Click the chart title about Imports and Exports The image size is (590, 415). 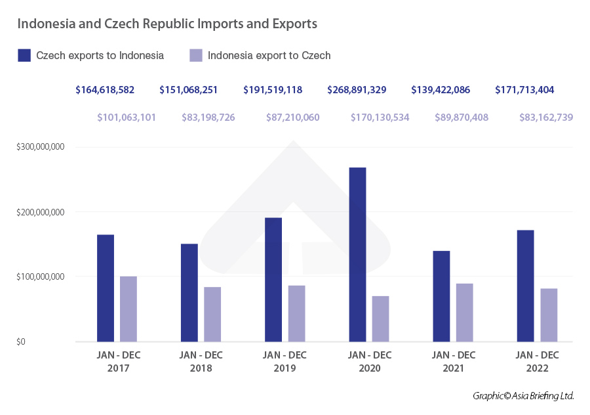(x=167, y=24)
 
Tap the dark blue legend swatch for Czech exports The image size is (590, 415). (x=24, y=55)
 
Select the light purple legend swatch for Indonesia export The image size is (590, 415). (x=195, y=55)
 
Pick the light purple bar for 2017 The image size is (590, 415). (x=128, y=309)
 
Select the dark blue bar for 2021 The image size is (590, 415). (x=441, y=295)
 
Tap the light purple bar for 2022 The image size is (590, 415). (x=549, y=315)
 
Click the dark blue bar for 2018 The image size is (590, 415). (x=189, y=292)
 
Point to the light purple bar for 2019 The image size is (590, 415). (x=296, y=313)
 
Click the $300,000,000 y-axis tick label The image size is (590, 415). (x=40, y=147)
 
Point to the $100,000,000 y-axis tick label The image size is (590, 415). (x=40, y=276)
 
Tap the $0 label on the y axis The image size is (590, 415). (x=22, y=341)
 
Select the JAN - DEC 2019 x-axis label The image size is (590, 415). (x=285, y=362)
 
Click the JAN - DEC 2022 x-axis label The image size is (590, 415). (x=537, y=362)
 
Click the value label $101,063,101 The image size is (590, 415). (x=127, y=118)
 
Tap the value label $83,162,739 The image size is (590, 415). (x=546, y=118)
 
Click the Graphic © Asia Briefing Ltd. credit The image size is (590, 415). (x=523, y=396)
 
